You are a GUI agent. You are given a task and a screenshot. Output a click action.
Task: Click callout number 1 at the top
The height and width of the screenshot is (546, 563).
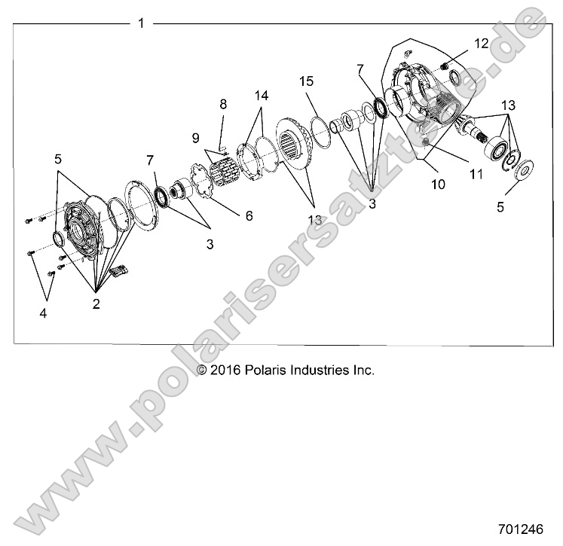(141, 23)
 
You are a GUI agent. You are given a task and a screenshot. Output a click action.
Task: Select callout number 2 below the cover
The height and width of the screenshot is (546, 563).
(97, 304)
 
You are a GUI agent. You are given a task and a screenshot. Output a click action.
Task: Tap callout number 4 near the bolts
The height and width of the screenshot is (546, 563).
(42, 312)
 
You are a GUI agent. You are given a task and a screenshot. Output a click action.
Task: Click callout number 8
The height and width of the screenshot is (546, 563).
(222, 103)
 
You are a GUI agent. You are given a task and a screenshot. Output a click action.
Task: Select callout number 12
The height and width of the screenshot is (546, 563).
(482, 42)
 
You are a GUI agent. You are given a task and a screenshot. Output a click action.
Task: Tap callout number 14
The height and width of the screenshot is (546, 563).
(261, 96)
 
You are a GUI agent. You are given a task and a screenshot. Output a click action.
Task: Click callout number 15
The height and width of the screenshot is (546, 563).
(306, 81)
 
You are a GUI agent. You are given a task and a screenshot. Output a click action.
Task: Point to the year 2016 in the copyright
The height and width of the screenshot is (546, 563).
(225, 370)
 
